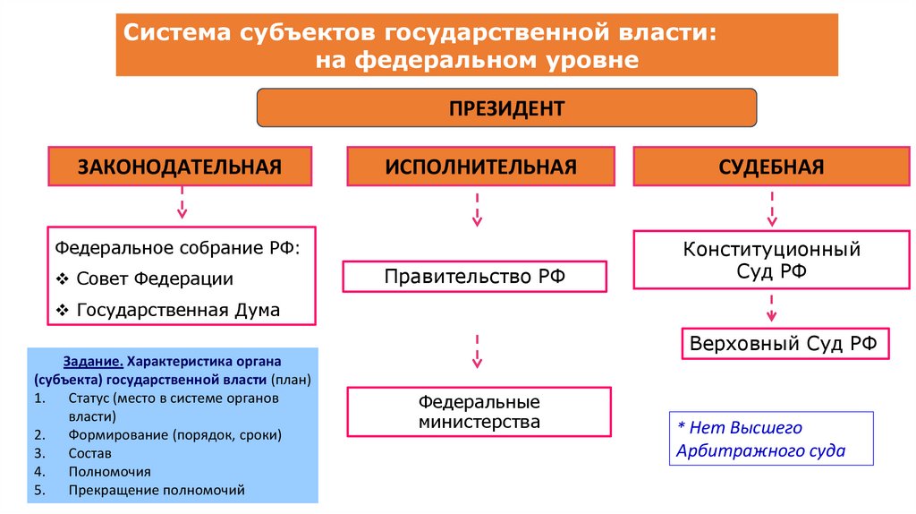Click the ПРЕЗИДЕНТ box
(x=506, y=109)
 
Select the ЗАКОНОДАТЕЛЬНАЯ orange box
(x=180, y=167)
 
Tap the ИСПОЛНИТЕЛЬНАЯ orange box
(x=481, y=167)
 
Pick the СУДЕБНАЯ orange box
(x=770, y=167)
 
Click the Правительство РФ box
(x=474, y=277)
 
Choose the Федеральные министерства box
(x=479, y=412)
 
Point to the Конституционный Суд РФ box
(x=771, y=260)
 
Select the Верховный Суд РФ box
(x=785, y=343)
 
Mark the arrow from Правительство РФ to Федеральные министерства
(x=477, y=349)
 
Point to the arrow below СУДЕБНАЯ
(x=771, y=208)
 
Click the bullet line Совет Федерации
(x=155, y=278)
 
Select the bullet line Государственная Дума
(x=178, y=311)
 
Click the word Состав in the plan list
(x=89, y=453)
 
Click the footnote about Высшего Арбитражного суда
(x=770, y=439)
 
